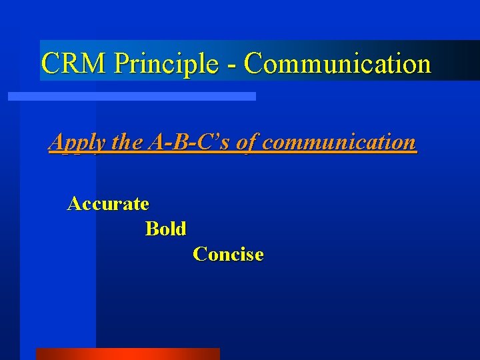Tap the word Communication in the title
(x=337, y=64)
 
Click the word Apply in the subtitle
(x=77, y=143)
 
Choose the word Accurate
(x=108, y=203)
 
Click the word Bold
(x=165, y=229)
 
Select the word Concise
(x=228, y=254)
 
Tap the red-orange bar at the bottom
(x=127, y=353)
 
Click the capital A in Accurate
(x=74, y=203)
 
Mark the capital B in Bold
(x=152, y=229)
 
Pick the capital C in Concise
(x=199, y=254)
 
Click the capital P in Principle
(x=121, y=64)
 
